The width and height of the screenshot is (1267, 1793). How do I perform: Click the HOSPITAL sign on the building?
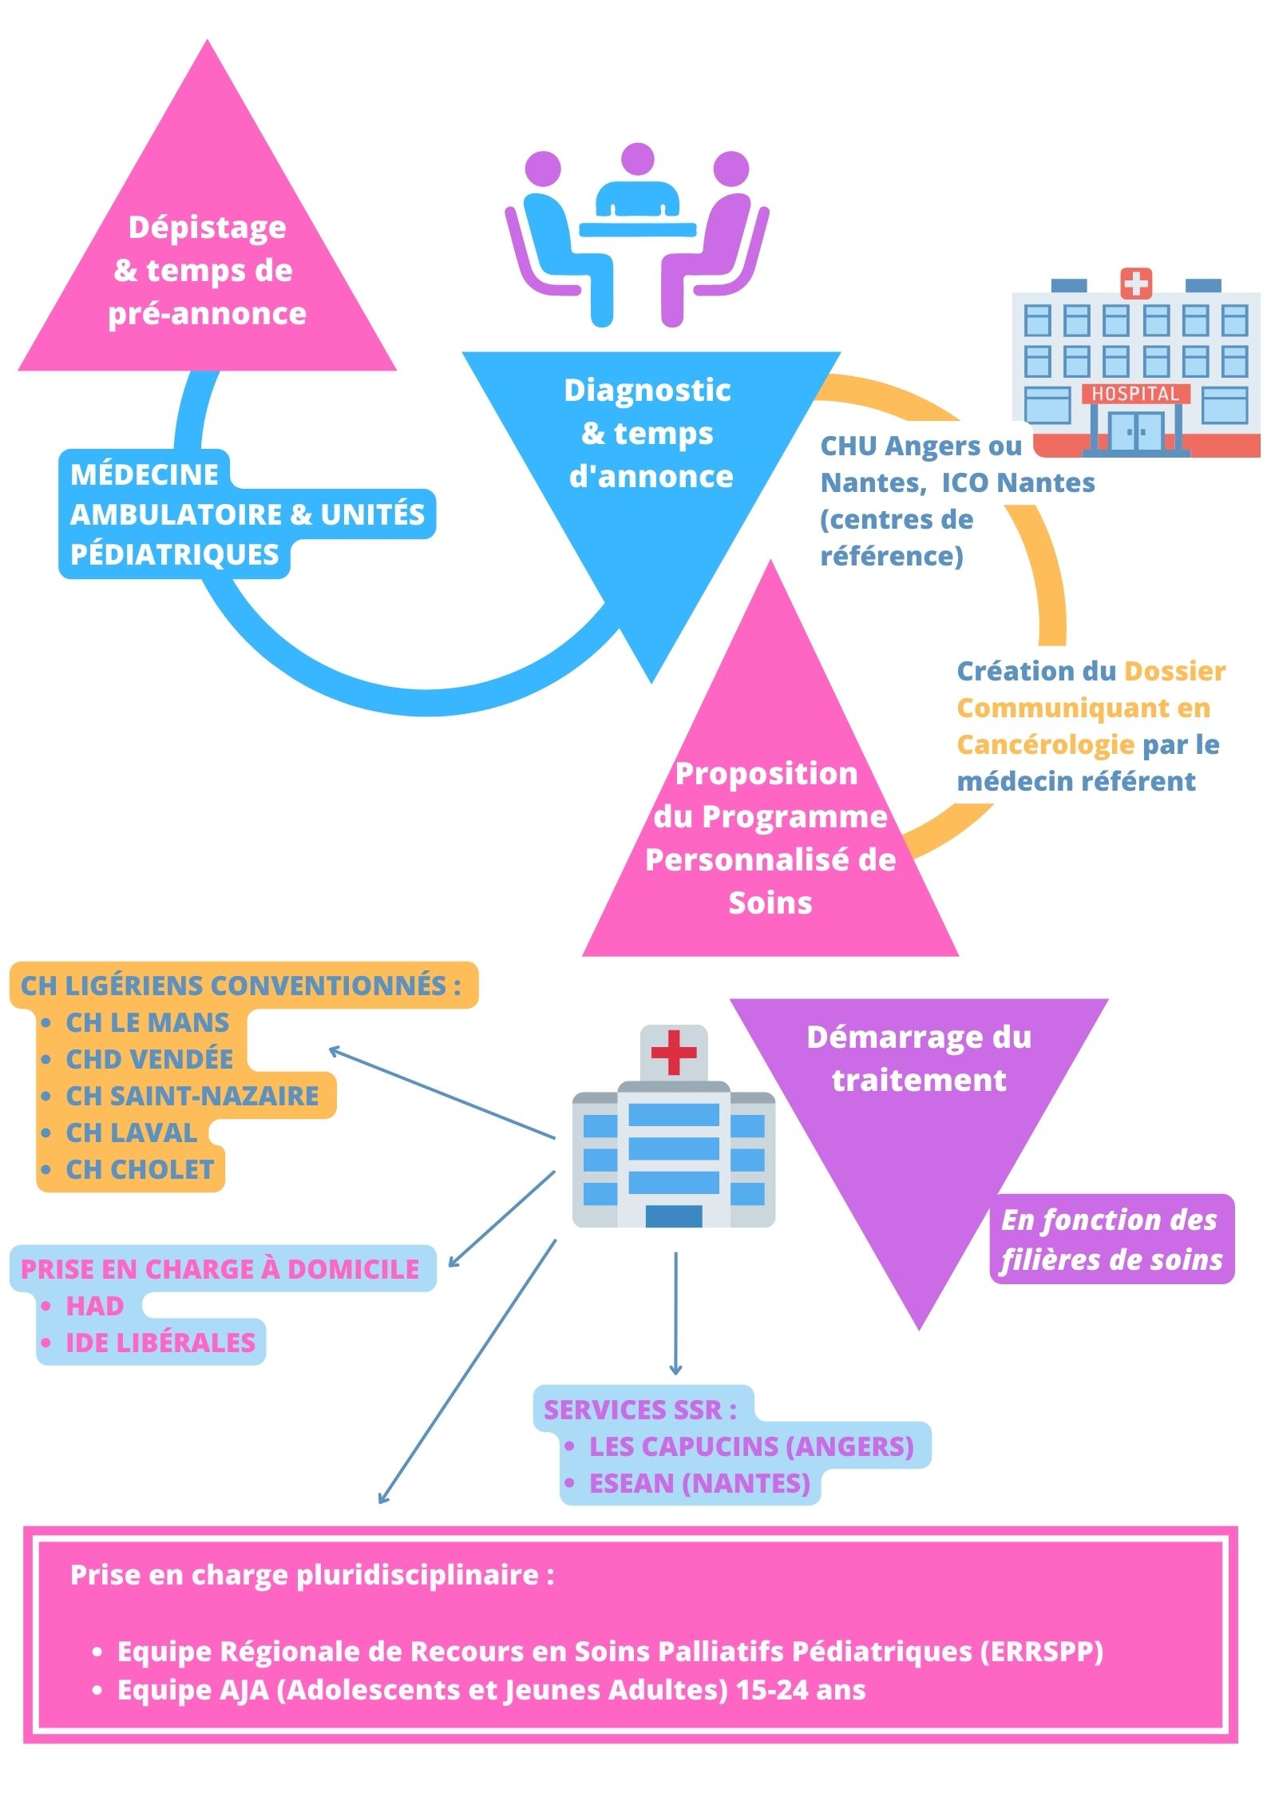pos(1134,394)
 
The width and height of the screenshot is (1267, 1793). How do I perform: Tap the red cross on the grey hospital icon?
pos(674,1052)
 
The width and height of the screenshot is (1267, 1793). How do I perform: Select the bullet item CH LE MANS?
pos(147,1022)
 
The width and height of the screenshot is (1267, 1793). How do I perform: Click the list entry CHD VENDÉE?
pos(149,1059)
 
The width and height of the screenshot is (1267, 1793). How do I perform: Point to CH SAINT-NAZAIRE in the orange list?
pos(192,1096)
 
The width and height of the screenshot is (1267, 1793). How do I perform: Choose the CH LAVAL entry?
pos(132,1133)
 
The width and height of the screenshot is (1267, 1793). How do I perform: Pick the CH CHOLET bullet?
pos(140,1169)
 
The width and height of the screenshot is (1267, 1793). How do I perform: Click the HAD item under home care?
pos(94,1306)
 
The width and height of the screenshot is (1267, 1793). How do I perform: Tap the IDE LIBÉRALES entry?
pos(160,1343)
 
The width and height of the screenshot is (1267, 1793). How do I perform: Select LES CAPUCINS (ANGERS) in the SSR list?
pos(751,1446)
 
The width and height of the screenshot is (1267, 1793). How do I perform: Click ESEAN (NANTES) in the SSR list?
pos(699,1483)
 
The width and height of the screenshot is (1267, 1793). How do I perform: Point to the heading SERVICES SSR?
pos(639,1410)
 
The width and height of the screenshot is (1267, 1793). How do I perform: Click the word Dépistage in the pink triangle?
pos(208,228)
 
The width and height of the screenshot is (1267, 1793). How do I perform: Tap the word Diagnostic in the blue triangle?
pos(647,391)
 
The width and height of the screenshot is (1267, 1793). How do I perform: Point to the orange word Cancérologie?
pos(1045,744)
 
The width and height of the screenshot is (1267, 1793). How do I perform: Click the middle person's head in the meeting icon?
pos(637,160)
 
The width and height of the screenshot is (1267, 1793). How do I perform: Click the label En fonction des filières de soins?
pos(1111,1240)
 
